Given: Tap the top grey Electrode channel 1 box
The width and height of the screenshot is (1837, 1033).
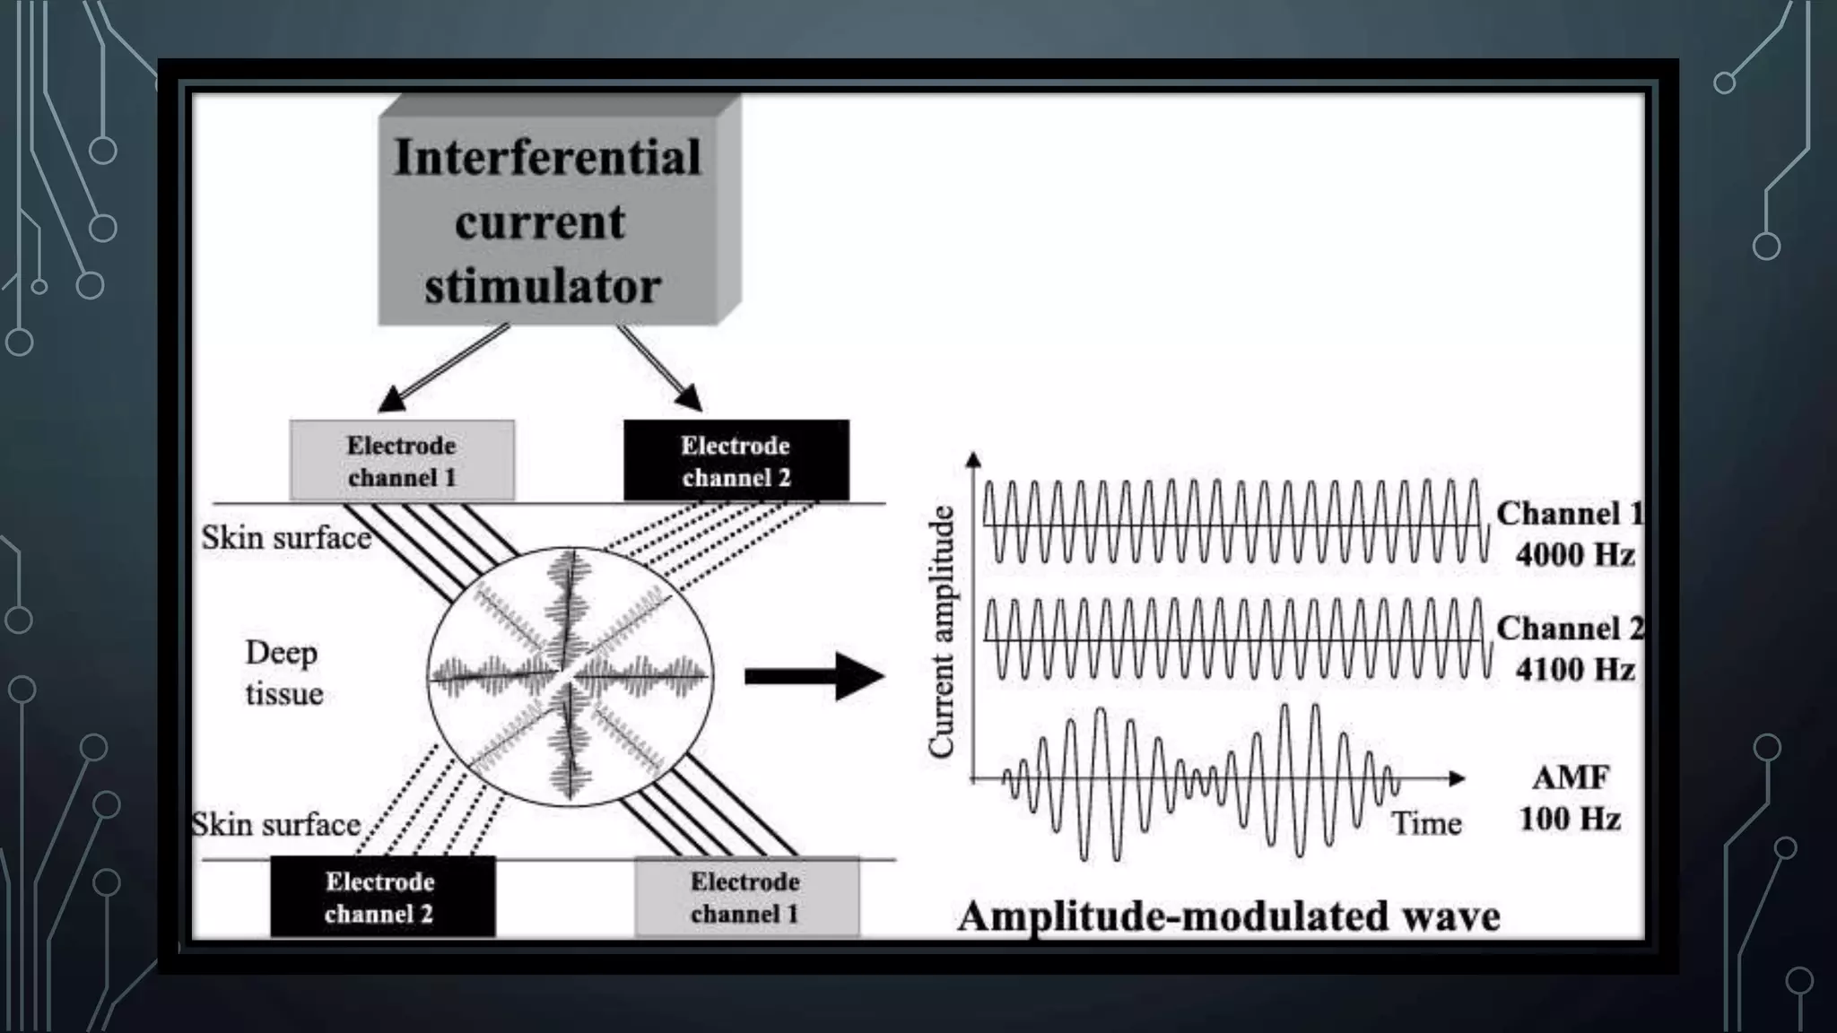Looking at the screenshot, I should pos(402,461).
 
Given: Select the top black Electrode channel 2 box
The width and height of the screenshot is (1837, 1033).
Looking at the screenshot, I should pos(736,461).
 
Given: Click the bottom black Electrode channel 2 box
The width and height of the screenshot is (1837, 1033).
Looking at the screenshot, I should pos(382,897).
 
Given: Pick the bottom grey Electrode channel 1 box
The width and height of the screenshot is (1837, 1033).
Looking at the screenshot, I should pos(746,897).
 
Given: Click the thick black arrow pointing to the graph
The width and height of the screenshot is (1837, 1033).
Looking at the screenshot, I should pos(813,676).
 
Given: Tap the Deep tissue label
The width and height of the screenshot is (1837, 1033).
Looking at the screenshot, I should pos(283,673).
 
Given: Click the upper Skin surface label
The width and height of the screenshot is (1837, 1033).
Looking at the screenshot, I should pos(285,538).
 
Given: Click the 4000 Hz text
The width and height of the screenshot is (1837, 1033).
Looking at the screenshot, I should pos(1575,555).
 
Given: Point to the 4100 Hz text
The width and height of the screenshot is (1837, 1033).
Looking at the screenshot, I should pos(1575,670).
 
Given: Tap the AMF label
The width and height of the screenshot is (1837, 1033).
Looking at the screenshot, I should pos(1570,777).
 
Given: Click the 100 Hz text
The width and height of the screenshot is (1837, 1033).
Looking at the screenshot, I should pos(1570,819).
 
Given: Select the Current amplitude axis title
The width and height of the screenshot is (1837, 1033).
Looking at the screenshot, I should pos(941,632).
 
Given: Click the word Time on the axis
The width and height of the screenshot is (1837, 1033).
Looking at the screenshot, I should pos(1426,823).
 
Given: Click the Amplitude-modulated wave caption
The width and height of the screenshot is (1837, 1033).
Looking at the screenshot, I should pos(1229,916).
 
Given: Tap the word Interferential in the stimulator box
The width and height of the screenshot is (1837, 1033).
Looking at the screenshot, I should pos(547,158).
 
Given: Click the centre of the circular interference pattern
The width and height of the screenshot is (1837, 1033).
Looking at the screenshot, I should pos(569,674).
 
